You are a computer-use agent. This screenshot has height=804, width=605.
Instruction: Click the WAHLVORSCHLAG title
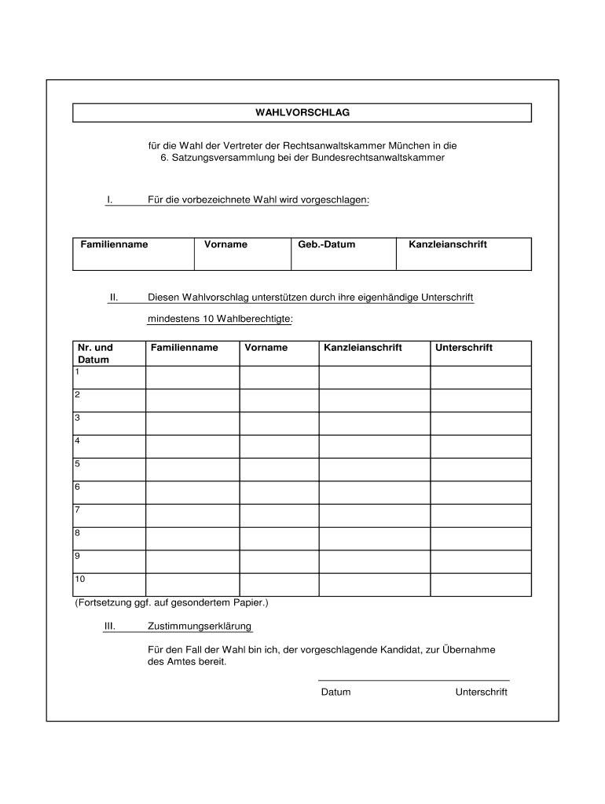302,113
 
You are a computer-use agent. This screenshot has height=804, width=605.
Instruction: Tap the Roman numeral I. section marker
111,200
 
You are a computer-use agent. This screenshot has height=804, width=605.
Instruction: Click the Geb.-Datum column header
327,245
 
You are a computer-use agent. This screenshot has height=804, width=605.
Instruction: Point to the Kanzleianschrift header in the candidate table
447,245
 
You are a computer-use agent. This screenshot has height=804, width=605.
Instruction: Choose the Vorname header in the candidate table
225,245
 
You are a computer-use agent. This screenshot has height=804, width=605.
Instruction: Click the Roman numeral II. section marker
113,298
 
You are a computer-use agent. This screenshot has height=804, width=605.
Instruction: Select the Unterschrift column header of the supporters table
464,348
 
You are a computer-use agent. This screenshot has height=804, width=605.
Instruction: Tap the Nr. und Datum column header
94,353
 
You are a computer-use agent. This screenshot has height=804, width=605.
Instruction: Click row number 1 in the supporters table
78,371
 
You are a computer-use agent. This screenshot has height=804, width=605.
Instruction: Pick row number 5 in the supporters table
78,464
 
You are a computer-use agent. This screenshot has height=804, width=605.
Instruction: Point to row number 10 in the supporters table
80,579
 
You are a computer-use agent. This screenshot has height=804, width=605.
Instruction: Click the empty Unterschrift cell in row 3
481,423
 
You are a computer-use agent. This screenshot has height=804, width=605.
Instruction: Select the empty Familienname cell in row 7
192,515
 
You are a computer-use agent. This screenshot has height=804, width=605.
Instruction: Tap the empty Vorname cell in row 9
279,561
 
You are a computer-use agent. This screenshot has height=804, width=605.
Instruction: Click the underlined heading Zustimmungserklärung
200,627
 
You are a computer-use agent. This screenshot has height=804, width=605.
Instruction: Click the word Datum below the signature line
335,693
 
